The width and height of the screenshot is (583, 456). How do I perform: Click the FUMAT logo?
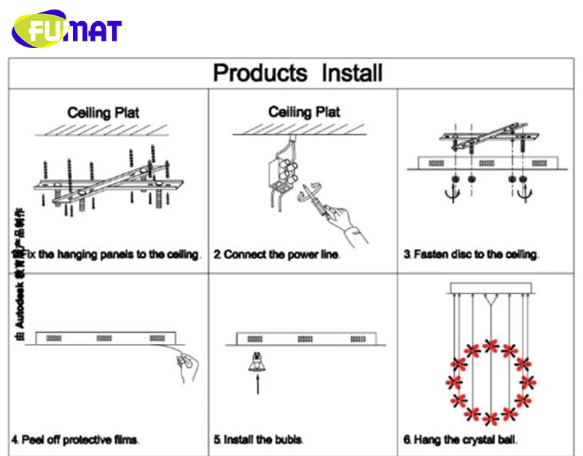tap(66, 29)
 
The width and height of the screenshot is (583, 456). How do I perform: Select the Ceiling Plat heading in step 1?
tap(103, 113)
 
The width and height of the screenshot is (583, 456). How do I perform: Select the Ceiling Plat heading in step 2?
tap(304, 112)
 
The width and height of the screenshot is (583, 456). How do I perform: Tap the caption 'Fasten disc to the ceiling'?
tap(472, 255)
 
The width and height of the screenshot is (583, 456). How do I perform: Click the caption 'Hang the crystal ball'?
tap(461, 440)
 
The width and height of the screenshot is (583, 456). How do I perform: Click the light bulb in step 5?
tap(257, 361)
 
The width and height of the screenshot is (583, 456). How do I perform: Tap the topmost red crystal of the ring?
tap(490, 344)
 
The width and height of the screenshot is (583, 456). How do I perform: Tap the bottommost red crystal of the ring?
tap(490, 419)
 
